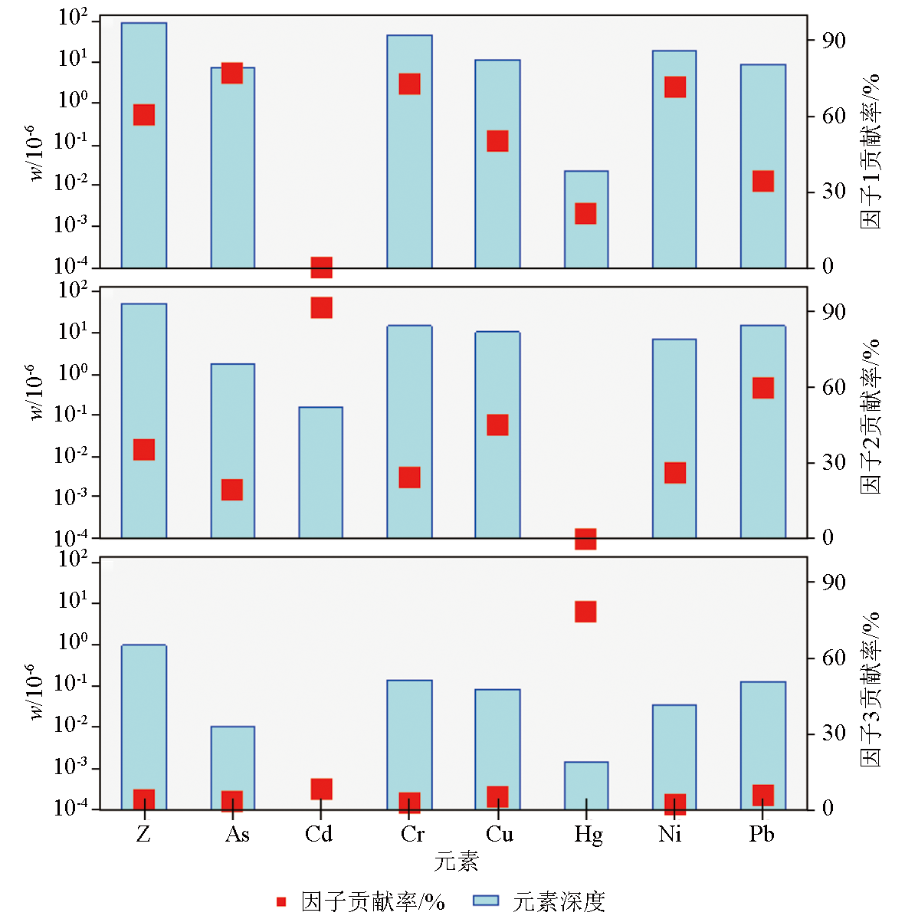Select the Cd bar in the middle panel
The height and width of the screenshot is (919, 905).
[321, 472]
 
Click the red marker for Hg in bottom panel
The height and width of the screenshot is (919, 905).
[586, 612]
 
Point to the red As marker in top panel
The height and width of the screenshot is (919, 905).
[232, 73]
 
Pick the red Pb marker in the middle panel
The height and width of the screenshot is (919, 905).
[763, 388]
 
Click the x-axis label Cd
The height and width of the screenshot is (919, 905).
[319, 834]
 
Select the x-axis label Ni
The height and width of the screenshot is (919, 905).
[670, 834]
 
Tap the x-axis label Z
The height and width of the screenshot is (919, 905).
[143, 834]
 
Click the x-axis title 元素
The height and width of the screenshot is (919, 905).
[456, 862]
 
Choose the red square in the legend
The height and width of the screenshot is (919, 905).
[281, 901]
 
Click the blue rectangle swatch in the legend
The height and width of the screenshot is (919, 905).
[486, 901]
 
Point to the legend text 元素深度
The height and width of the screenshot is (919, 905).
[559, 901]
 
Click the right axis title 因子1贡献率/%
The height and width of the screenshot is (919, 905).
[871, 152]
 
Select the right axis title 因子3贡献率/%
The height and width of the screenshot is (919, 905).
[871, 690]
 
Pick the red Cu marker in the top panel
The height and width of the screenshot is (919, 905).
[498, 141]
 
